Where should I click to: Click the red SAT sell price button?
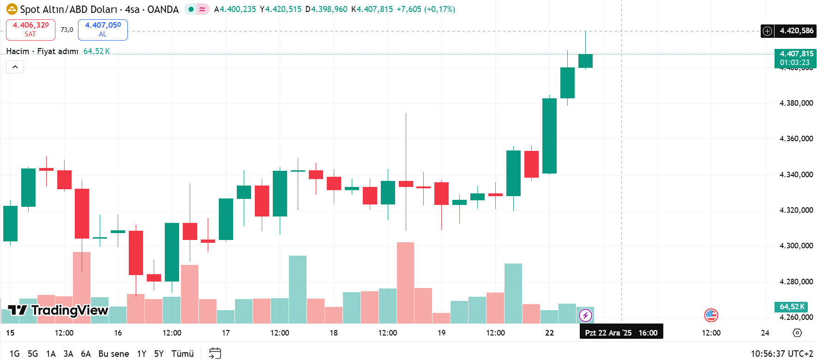(x=30, y=30)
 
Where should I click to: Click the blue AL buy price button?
(x=102, y=30)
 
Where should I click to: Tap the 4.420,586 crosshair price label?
(x=796, y=31)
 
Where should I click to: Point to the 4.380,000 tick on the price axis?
(x=796, y=103)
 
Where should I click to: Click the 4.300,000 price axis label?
(x=796, y=246)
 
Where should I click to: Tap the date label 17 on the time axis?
(x=226, y=333)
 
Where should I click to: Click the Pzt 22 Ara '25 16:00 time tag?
(x=621, y=333)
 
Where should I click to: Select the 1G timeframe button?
(x=14, y=354)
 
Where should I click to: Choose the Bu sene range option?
(x=114, y=354)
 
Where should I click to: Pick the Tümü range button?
(x=182, y=354)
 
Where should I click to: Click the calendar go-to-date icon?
(x=215, y=354)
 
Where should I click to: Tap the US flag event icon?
(x=711, y=315)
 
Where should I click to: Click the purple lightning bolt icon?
(x=585, y=315)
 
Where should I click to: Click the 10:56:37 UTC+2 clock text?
(x=781, y=354)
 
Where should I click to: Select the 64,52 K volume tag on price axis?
(x=792, y=306)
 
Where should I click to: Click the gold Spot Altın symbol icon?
(x=12, y=9)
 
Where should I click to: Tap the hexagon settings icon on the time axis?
(x=797, y=333)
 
